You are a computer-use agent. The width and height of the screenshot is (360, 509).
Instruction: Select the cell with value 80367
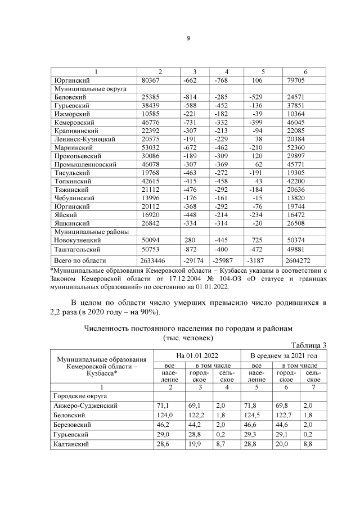[151, 80]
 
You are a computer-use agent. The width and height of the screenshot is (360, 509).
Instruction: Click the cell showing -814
[190, 97]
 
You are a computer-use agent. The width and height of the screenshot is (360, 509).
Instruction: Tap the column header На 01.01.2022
[197, 355]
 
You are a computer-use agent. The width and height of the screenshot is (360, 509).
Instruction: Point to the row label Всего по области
[79, 261]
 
